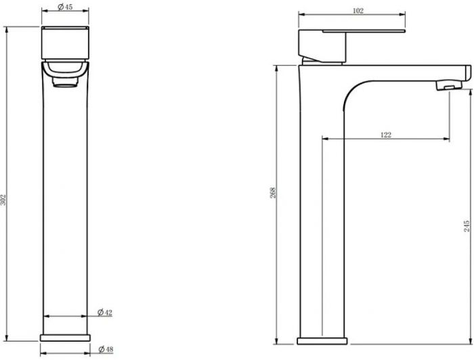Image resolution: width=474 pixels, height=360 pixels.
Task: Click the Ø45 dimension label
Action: coord(65,7)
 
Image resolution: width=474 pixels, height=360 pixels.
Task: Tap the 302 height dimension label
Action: coord(3,200)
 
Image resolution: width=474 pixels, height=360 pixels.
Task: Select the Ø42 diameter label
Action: coord(105,312)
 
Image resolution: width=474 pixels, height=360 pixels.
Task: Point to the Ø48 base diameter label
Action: coord(106,349)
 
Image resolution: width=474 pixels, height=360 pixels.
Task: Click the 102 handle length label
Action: coord(358,11)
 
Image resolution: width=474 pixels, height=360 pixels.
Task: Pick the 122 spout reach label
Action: coord(385,135)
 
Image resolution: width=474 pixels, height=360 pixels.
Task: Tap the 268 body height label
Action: coord(273,193)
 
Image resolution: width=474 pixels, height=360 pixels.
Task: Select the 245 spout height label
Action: coord(467,226)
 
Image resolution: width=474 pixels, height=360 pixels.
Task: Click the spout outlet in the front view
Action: coord(66,82)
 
